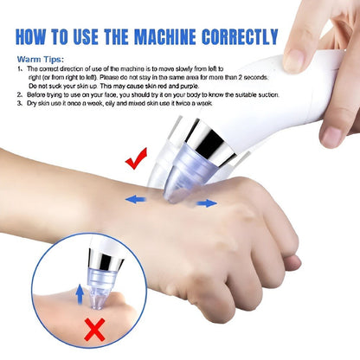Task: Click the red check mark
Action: [x=136, y=159]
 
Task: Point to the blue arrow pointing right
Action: [x=205, y=203]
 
